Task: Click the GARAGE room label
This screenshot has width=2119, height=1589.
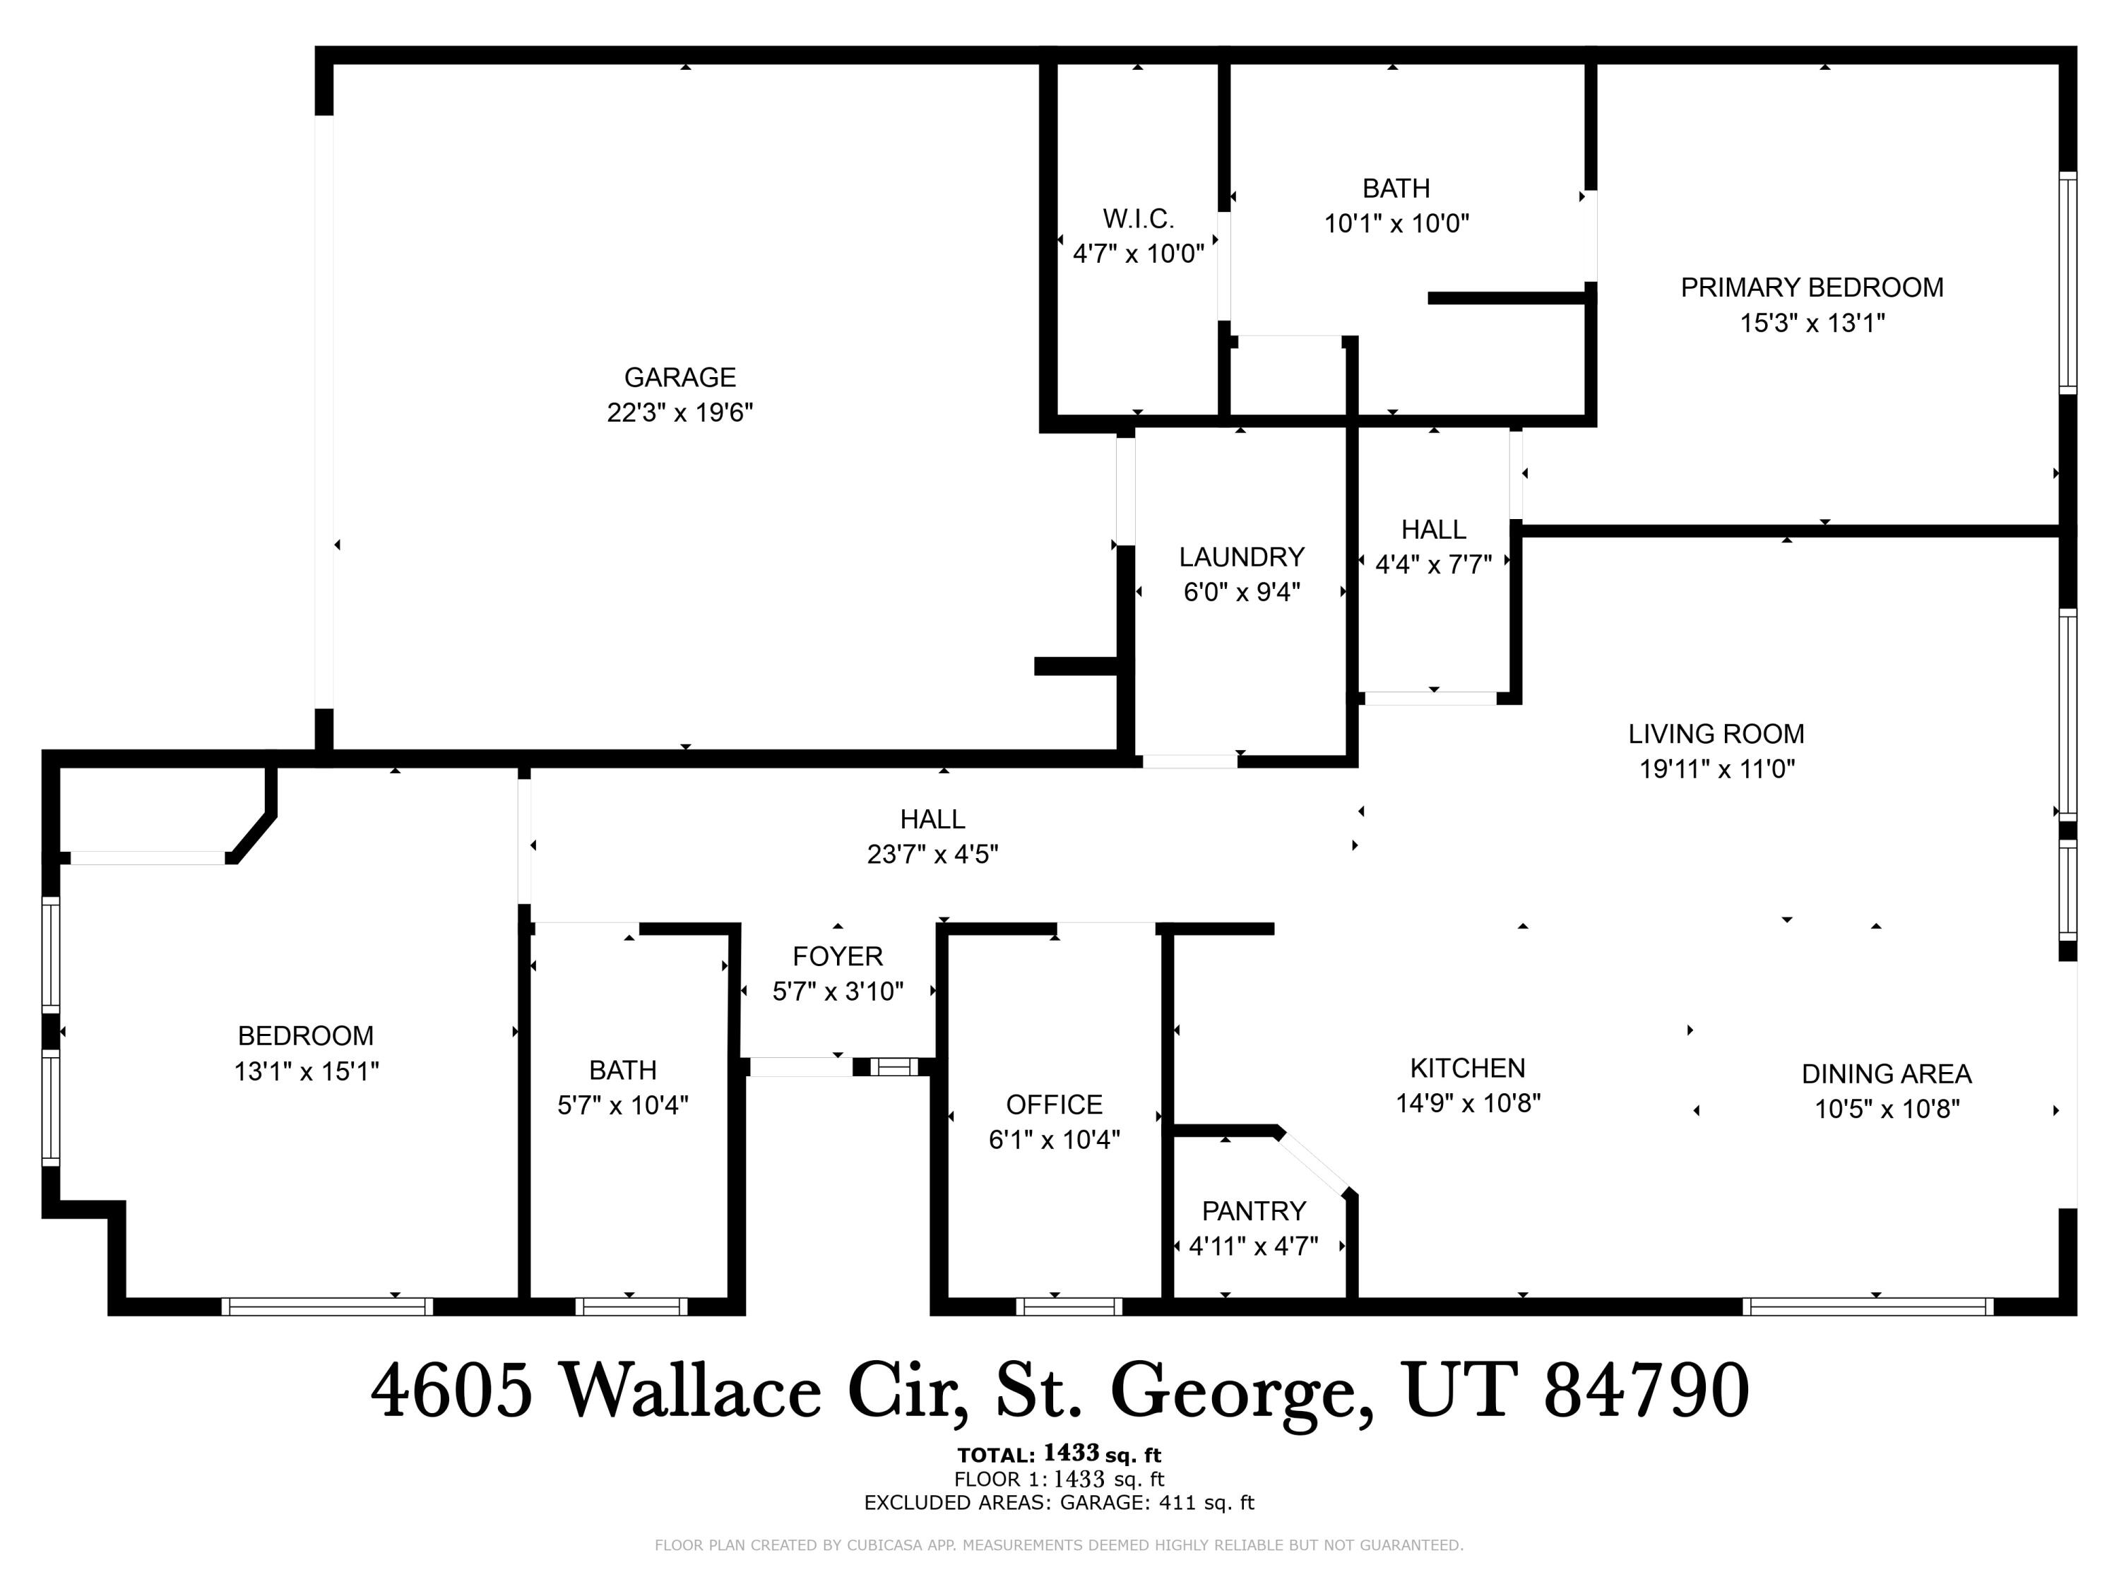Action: click(679, 377)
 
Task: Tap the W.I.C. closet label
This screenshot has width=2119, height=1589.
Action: click(1138, 220)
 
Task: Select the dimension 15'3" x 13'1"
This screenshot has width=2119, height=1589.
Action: click(1812, 323)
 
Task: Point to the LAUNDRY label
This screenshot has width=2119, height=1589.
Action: click(1242, 557)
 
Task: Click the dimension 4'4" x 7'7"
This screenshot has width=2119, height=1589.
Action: click(1433, 565)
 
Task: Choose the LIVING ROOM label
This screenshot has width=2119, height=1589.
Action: click(1716, 734)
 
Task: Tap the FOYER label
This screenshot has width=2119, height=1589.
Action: click(837, 956)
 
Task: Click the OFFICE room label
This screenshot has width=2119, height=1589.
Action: click(1054, 1105)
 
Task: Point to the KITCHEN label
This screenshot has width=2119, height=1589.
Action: click(1466, 1068)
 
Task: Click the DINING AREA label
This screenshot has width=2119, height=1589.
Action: click(1885, 1073)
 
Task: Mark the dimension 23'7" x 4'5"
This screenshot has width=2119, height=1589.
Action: click(932, 855)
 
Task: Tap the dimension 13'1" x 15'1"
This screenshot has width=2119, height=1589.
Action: click(307, 1071)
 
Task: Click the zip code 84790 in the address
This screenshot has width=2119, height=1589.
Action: click(1646, 1391)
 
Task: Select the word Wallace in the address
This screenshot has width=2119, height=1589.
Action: click(689, 1391)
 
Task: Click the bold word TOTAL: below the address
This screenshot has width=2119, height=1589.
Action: click(995, 1456)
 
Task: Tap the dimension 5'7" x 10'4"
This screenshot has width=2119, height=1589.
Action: click(623, 1105)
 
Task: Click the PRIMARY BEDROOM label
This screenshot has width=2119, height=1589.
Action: click(1812, 287)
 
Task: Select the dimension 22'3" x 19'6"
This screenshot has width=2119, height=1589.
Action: click(679, 413)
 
